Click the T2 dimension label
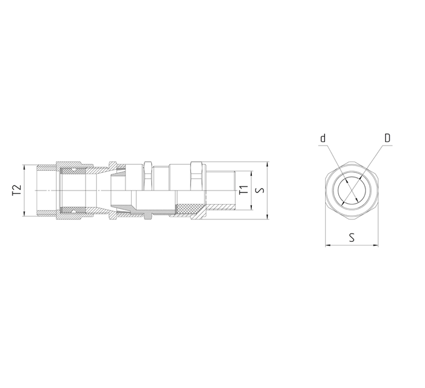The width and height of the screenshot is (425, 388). [x=16, y=190]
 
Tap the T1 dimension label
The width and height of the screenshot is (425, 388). [x=244, y=190]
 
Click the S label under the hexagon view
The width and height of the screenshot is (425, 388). [x=352, y=237]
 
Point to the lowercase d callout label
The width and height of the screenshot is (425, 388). [x=322, y=138]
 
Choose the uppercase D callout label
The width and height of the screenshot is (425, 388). [x=387, y=138]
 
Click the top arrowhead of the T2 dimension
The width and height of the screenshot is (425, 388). [x=24, y=167]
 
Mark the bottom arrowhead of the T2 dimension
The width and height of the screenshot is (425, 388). [x=24, y=214]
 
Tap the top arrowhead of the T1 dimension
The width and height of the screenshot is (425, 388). [x=252, y=173]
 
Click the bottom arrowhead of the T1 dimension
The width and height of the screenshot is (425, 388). [x=252, y=207]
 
